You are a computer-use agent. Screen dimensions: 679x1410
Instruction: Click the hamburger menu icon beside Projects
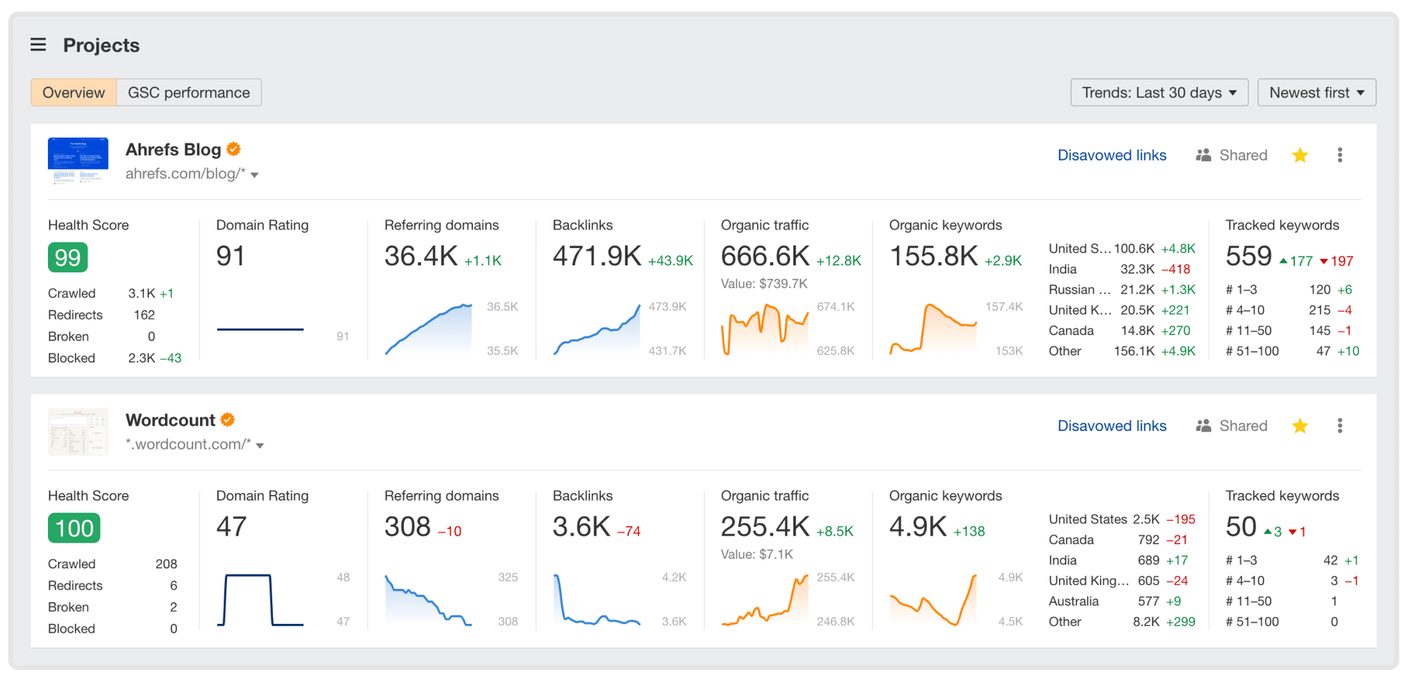(38, 45)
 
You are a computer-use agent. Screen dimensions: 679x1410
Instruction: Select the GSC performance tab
(188, 92)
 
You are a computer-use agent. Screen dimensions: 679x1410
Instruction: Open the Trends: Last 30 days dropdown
(1158, 92)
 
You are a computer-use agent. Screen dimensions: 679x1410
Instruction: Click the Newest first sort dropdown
(1316, 92)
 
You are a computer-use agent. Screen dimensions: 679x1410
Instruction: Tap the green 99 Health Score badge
(68, 257)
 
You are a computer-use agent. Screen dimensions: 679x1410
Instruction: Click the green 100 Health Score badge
(74, 528)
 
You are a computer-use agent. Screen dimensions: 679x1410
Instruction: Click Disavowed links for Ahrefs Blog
(1111, 155)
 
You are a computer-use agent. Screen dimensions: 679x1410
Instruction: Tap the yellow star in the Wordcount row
(1300, 426)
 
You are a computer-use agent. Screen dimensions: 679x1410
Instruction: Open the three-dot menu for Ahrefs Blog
(1339, 155)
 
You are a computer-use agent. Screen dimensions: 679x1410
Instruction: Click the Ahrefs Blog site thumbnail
(78, 161)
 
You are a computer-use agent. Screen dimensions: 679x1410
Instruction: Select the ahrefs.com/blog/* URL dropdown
(192, 174)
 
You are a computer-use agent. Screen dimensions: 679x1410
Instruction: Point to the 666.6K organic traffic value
(764, 257)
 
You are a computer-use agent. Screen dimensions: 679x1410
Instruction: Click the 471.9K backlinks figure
(596, 257)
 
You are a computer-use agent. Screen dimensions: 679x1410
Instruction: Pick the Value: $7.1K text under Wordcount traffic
(756, 554)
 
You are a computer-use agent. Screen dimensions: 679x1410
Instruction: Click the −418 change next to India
(1175, 269)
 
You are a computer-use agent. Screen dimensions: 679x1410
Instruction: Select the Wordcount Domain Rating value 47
(231, 527)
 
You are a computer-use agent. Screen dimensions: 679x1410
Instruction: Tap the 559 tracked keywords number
(1248, 257)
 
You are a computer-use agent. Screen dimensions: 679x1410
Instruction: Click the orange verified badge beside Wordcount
(228, 420)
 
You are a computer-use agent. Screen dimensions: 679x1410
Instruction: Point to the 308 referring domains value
(407, 527)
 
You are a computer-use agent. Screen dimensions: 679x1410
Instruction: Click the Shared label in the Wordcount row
(1242, 426)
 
